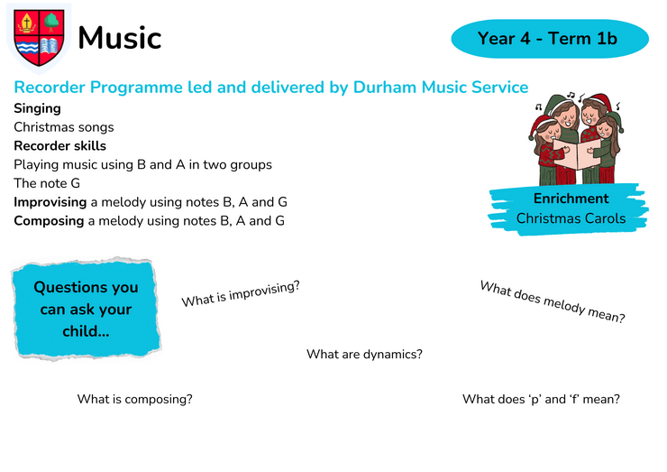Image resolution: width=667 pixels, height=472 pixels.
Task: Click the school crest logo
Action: pyautogui.click(x=39, y=38)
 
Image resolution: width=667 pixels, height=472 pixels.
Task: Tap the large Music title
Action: pyautogui.click(x=120, y=38)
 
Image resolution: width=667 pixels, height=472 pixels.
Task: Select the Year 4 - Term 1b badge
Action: pyautogui.click(x=550, y=38)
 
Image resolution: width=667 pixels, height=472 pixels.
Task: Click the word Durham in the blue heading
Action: pyautogui.click(x=385, y=87)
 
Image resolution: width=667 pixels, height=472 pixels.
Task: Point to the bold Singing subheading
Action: pyautogui.click(x=38, y=109)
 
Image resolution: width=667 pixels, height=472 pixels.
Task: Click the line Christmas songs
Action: pyautogui.click(x=64, y=127)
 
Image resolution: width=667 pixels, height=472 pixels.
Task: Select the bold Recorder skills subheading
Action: pyautogui.click(x=60, y=145)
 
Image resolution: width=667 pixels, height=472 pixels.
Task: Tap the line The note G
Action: pyautogui.click(x=47, y=183)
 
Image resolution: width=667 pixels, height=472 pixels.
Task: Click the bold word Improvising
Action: pyautogui.click(x=50, y=202)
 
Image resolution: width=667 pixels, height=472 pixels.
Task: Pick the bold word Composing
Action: pyautogui.click(x=49, y=221)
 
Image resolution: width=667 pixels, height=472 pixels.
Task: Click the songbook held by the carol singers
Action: pyautogui.click(x=577, y=153)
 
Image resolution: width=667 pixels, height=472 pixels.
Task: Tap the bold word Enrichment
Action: pyautogui.click(x=571, y=199)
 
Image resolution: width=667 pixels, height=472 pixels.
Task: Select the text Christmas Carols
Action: pyautogui.click(x=571, y=218)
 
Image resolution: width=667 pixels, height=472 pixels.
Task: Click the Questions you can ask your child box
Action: pyautogui.click(x=87, y=309)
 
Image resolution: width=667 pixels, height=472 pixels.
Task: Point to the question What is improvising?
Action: pyautogui.click(x=241, y=293)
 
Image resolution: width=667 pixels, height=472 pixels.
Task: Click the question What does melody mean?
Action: pyautogui.click(x=553, y=302)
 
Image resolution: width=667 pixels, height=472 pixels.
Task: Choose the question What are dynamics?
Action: pyautogui.click(x=364, y=355)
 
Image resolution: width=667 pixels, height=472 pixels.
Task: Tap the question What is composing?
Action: pyautogui.click(x=135, y=400)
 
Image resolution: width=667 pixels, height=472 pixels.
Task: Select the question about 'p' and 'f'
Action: pyautogui.click(x=541, y=399)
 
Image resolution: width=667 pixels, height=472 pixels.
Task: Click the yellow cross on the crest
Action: pyautogui.click(x=27, y=22)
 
